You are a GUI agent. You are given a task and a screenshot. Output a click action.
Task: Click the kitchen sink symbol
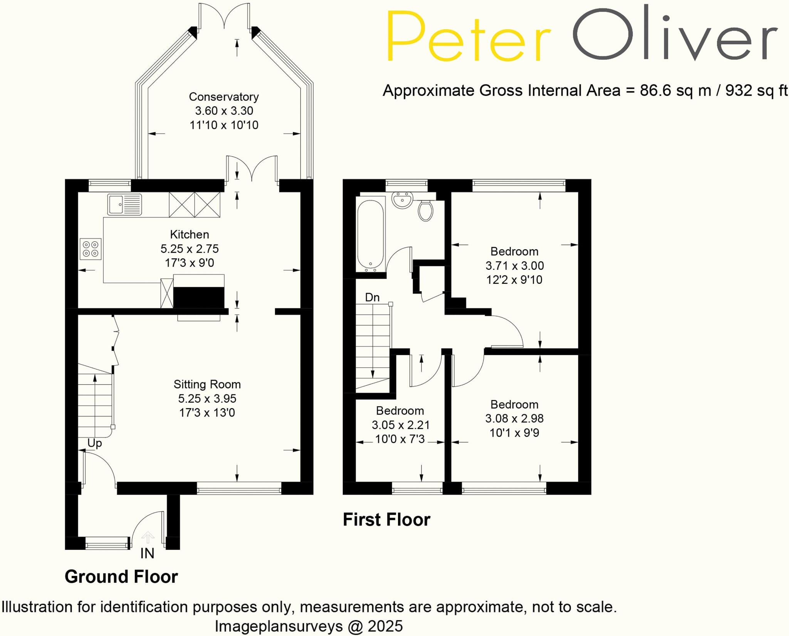point(124,204)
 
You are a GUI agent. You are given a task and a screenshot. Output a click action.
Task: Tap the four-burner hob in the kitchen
point(91,249)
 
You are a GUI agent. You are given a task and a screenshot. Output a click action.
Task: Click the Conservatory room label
point(223,97)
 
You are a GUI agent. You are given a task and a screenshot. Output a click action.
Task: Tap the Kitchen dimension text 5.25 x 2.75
point(190,249)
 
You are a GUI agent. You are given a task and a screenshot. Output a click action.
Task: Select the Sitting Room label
point(207,384)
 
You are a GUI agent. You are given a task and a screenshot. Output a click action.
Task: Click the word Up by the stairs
point(94,443)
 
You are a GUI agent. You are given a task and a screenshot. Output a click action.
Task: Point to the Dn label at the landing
point(372,297)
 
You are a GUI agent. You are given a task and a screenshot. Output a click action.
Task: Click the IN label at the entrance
point(147,553)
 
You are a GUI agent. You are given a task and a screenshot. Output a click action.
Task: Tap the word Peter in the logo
point(468,37)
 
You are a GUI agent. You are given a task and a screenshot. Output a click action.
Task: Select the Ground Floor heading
point(121,577)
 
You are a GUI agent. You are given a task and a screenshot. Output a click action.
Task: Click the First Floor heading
point(386,520)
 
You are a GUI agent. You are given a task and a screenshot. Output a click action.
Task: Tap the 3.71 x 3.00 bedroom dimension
point(514,266)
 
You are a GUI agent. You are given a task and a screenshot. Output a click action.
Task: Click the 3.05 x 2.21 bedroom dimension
point(400,425)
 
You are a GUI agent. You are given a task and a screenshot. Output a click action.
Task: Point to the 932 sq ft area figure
point(756,91)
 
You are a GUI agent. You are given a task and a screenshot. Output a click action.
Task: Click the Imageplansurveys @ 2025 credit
point(309,626)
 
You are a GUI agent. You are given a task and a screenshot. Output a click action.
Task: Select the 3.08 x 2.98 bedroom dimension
point(514,418)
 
